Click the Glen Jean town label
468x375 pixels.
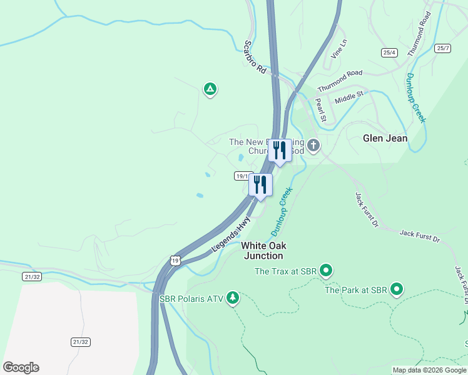pyautogui.click(x=385, y=138)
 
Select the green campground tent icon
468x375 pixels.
pyautogui.click(x=210, y=89)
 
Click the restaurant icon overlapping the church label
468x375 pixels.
pyautogui.click(x=280, y=151)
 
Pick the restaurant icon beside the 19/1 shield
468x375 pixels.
pyautogui.click(x=260, y=185)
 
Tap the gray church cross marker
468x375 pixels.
pyautogui.click(x=313, y=146)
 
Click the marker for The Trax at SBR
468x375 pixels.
pyautogui.click(x=325, y=271)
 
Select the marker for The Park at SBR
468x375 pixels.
pyautogui.click(x=396, y=289)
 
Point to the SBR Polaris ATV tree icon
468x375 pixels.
pyautogui.click(x=233, y=296)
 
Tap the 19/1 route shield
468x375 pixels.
pyautogui.click(x=243, y=176)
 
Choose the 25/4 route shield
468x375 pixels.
pyautogui.click(x=390, y=52)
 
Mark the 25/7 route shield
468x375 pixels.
pyautogui.click(x=443, y=48)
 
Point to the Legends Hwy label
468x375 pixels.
pyautogui.click(x=231, y=234)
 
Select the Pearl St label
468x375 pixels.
pyautogui.click(x=321, y=109)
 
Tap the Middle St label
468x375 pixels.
pyautogui.click(x=348, y=97)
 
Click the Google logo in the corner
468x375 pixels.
pyautogui.click(x=21, y=367)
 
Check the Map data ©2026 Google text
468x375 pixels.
pyautogui.click(x=429, y=370)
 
